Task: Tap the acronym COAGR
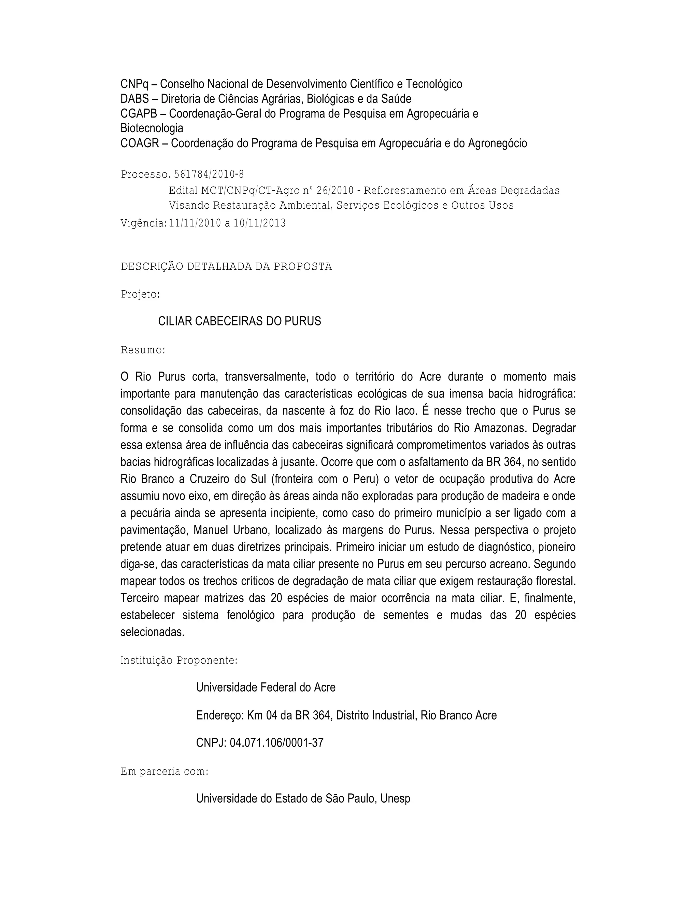tap(140, 143)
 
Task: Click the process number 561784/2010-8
tap(209, 175)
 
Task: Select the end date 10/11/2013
tap(260, 223)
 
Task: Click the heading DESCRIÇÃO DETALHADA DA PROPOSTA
tap(226, 266)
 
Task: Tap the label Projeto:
tap(140, 295)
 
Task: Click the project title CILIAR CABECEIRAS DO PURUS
tap(239, 321)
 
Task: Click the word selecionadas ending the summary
tap(152, 632)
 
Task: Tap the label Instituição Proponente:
tap(179, 660)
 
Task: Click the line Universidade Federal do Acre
tap(266, 687)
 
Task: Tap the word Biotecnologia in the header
tap(152, 128)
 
